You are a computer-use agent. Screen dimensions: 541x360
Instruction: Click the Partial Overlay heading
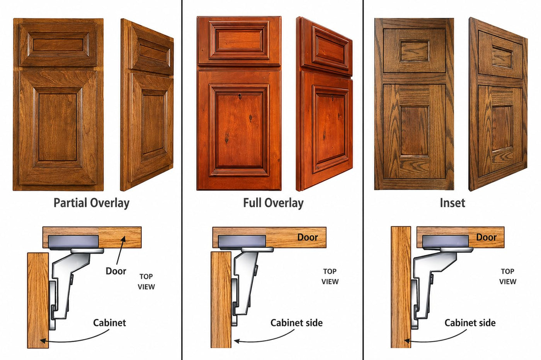point(91,203)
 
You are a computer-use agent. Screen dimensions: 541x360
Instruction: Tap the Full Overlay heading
point(273,203)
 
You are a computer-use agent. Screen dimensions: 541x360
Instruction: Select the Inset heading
point(453,203)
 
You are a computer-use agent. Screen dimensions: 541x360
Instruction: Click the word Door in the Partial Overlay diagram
point(116,271)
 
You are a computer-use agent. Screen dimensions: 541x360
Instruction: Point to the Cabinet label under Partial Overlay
point(109,323)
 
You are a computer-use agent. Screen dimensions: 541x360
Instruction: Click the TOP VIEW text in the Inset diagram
point(508,277)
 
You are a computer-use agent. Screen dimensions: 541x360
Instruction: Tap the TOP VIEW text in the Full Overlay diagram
point(330,277)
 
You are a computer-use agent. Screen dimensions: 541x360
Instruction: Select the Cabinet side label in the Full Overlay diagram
point(296,323)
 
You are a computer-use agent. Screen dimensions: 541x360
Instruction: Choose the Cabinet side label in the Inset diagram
point(470,323)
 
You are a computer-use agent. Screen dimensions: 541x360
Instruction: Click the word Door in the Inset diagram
point(486,237)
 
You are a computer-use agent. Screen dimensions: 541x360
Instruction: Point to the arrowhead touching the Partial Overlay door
point(124,239)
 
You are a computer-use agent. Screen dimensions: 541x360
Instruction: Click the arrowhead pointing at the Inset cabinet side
point(407,341)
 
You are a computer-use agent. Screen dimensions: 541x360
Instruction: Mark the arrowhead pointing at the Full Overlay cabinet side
point(236,341)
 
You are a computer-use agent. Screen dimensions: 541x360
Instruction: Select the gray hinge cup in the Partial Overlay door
point(73,242)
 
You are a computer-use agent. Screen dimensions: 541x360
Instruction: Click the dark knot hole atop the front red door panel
point(240,97)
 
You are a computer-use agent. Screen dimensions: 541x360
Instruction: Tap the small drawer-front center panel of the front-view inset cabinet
point(414,51)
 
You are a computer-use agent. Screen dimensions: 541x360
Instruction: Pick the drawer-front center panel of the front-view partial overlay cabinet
point(58,45)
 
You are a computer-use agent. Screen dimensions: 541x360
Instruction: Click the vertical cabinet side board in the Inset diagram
point(401,287)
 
